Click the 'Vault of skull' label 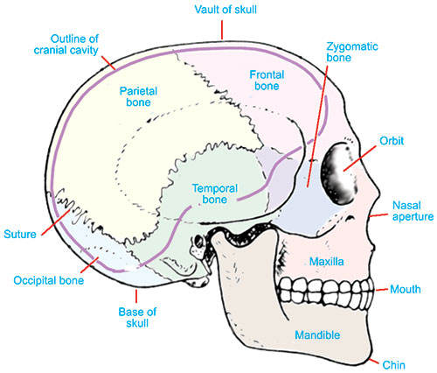pos(225,10)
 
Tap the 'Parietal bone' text pos(138,96)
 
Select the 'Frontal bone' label pos(267,81)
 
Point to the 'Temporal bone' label pos(215,194)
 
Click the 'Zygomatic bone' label pos(352,52)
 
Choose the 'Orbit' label pos(392,141)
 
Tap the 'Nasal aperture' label pos(413,211)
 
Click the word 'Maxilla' pos(326,262)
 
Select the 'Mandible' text pos(317,334)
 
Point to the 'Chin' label pos(393,365)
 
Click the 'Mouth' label pos(406,289)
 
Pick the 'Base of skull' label pos(137,318)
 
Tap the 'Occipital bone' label pos(49,280)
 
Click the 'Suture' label pos(20,234)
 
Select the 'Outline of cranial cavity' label pos(66,45)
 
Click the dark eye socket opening pos(339,173)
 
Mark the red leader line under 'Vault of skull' pos(222,30)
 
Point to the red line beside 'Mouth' pos(382,290)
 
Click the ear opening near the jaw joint pos(199,241)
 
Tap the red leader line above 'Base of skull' pos(136,296)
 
